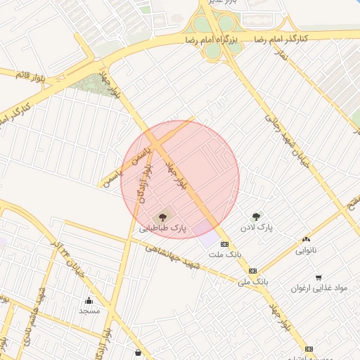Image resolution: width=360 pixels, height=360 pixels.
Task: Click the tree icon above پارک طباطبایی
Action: (163, 217)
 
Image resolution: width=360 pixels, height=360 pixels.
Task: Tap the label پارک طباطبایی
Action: (163, 228)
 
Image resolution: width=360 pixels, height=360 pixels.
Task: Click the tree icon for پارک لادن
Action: (255, 217)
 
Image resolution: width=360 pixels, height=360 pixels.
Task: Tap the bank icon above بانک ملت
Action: (224, 244)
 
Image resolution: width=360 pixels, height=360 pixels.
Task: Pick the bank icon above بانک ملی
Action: (252, 271)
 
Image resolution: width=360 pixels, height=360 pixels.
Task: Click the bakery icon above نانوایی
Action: (306, 240)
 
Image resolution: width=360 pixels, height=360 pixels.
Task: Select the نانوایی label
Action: (306, 250)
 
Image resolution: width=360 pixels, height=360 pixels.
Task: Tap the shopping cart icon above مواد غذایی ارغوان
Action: (319, 278)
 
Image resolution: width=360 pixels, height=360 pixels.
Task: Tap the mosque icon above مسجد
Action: (89, 301)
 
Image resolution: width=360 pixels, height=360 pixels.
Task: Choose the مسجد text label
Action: (89, 311)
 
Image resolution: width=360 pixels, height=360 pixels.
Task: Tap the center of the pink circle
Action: (180, 179)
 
